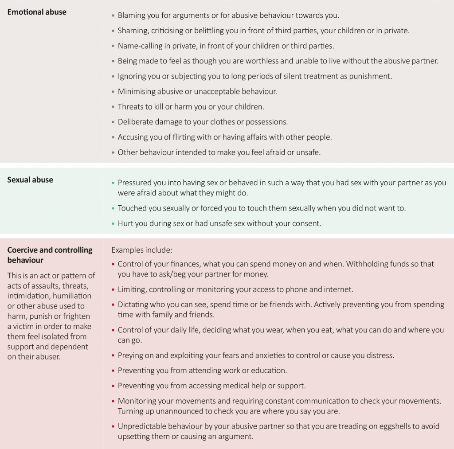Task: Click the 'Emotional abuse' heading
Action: tap(37, 12)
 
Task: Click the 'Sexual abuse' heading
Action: tap(30, 180)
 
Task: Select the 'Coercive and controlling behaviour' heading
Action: tap(50, 255)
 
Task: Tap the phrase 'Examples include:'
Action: tap(141, 250)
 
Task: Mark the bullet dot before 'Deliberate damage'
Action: tap(113, 122)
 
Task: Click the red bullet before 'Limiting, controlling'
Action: tap(113, 290)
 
